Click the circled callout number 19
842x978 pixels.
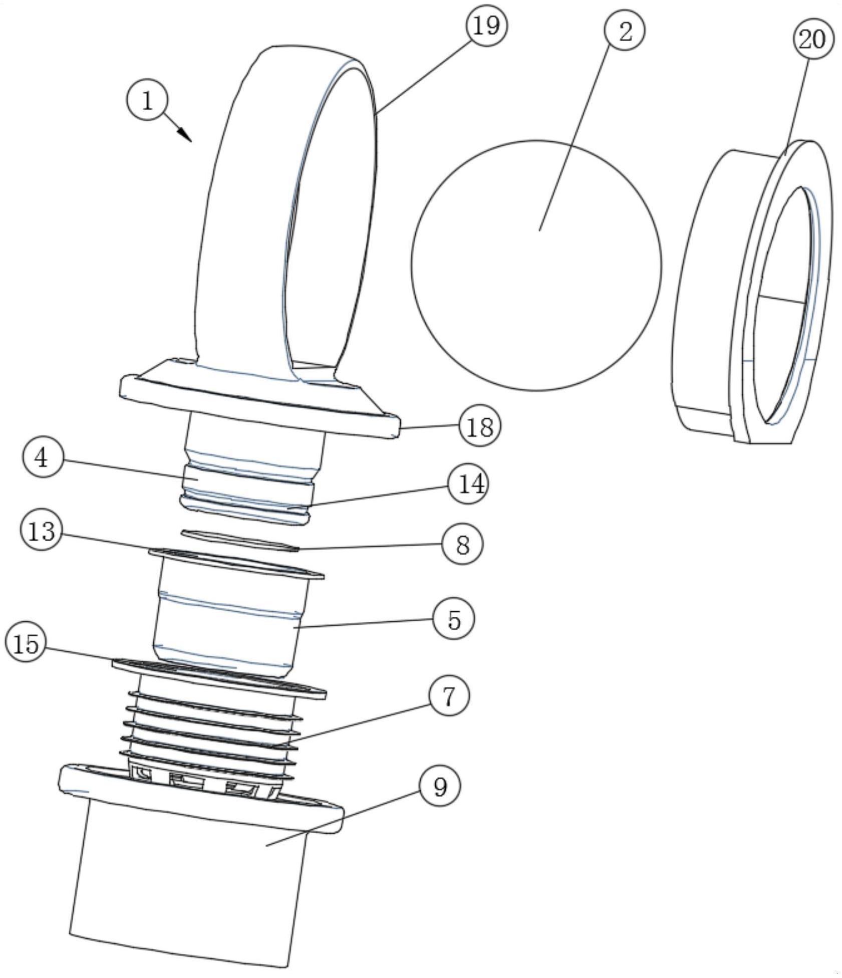coord(486,26)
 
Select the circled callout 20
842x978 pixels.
coord(813,39)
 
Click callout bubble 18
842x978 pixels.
coord(480,427)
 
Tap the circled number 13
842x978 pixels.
coord(42,530)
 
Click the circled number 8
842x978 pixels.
coord(462,544)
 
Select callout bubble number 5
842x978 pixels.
coord(454,619)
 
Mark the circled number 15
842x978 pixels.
coord(27,643)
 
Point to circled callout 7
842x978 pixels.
coord(449,696)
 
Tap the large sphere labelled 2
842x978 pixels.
coord(536,265)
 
